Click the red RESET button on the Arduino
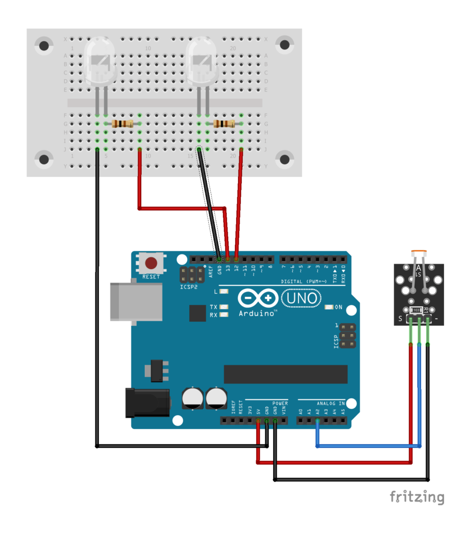click(x=151, y=263)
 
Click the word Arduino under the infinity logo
click(x=257, y=313)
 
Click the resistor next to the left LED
click(x=122, y=124)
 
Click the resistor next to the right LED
click(x=224, y=124)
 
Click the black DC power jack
click(x=147, y=403)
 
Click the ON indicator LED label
click(x=338, y=307)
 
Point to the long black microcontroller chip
click(x=286, y=374)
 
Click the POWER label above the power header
click(x=280, y=403)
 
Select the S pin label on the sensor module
click(x=400, y=319)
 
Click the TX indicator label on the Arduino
click(x=214, y=307)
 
